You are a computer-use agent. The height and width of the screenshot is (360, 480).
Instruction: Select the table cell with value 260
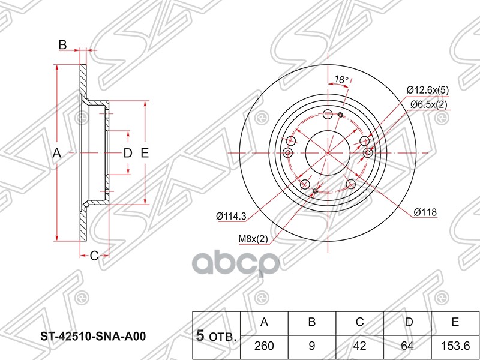point(264,345)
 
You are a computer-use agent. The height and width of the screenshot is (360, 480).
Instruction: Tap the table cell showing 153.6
point(455,345)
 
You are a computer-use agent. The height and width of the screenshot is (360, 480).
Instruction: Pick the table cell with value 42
point(360,345)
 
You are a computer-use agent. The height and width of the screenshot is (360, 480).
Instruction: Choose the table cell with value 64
point(408,345)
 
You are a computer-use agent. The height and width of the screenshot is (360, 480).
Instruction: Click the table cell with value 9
point(312,345)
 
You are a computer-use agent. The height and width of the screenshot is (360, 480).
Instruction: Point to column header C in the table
point(360,322)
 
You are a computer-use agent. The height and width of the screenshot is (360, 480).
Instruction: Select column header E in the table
point(455,322)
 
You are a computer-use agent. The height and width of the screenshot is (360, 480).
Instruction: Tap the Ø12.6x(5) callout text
point(428,90)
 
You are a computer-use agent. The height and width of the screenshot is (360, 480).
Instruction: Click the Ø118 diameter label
point(425,212)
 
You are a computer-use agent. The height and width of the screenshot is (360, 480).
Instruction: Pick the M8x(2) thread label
point(253,240)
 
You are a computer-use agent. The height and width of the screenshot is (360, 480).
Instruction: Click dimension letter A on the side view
point(57,153)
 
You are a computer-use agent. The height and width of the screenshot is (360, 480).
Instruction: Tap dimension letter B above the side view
point(62,44)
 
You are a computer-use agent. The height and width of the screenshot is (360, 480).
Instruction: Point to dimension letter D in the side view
point(127,153)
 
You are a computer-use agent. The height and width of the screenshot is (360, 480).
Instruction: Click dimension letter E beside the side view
point(144,153)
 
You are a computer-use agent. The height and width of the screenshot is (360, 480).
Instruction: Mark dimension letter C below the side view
point(94,256)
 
